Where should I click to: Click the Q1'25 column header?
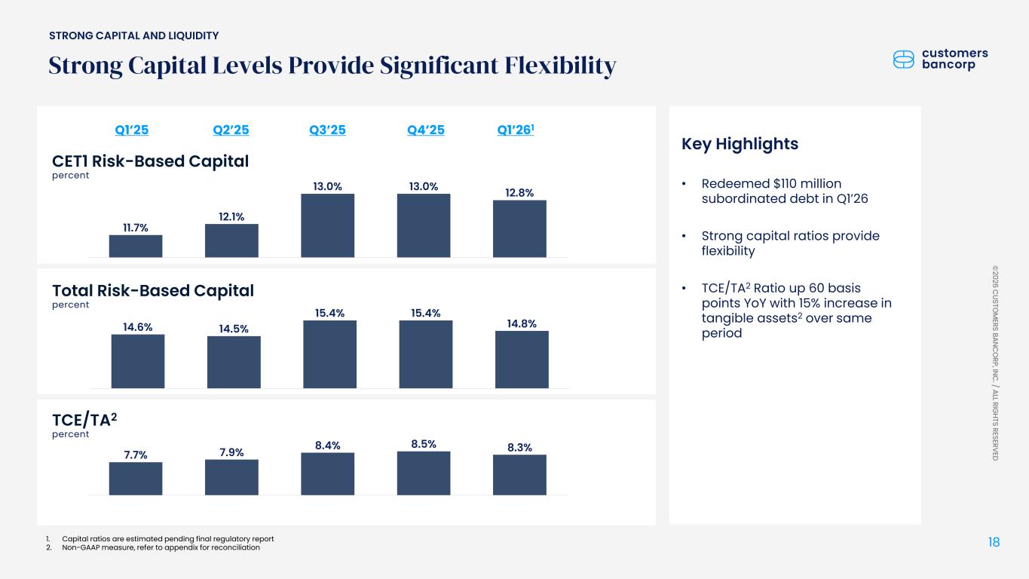[131, 130]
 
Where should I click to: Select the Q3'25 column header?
[327, 130]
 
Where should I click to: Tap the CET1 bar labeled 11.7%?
[136, 246]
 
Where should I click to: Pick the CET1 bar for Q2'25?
[231, 240]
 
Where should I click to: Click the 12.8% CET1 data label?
[519, 193]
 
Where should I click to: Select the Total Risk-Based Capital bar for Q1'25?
[138, 360]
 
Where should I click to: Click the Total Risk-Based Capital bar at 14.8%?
[522, 359]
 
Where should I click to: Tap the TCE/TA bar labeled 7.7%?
[136, 478]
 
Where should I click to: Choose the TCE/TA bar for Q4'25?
[424, 473]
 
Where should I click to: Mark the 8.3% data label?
[519, 447]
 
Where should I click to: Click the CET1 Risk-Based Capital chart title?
[150, 161]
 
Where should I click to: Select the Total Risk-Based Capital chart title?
[152, 290]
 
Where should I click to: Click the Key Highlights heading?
[739, 144]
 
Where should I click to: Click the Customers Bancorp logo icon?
[903, 60]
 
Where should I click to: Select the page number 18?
[994, 541]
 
